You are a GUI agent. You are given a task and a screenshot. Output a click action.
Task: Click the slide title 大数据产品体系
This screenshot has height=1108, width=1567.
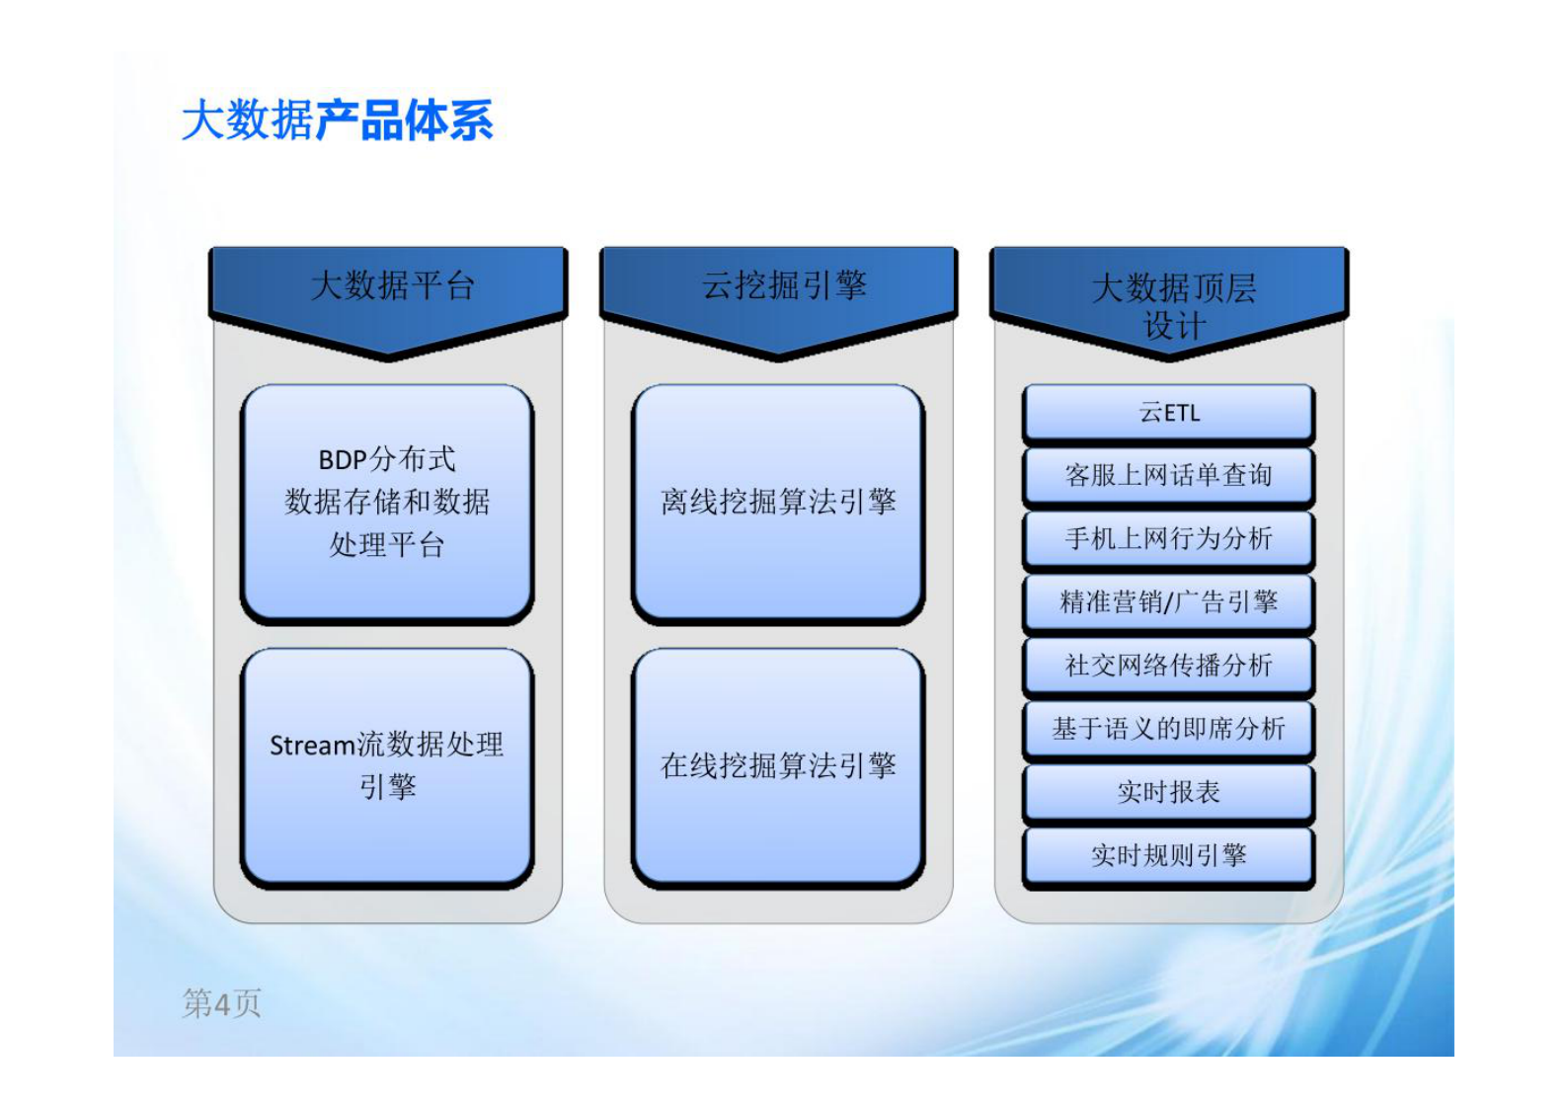click(338, 120)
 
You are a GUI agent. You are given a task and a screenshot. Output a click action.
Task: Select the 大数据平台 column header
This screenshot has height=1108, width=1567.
click(391, 287)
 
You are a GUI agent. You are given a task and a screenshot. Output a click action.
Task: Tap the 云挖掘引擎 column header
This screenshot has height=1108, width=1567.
click(782, 287)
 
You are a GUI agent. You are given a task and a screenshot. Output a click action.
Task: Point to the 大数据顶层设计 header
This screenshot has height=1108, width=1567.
click(1172, 305)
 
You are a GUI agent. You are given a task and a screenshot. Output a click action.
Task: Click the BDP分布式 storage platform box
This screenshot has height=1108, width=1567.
click(387, 502)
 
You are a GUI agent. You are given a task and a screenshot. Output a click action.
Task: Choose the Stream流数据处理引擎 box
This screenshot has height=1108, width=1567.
click(387, 765)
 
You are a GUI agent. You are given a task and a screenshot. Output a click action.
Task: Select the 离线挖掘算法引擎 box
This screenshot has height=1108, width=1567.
click(778, 502)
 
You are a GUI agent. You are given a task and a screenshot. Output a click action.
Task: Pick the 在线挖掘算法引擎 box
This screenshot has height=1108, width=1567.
click(778, 765)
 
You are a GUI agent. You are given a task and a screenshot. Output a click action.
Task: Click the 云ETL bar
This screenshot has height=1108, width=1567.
click(1168, 413)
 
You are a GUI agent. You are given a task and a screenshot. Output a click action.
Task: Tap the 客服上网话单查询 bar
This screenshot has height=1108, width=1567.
click(1168, 476)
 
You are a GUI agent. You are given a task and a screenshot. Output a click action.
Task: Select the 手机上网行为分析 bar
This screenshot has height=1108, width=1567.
click(1168, 539)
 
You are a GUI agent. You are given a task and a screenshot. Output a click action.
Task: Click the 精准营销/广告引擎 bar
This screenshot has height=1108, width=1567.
click(1168, 602)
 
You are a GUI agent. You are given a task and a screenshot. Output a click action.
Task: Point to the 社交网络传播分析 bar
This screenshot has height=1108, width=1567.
click(1168, 666)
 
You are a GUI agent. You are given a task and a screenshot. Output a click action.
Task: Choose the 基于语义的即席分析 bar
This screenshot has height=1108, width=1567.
click(1168, 729)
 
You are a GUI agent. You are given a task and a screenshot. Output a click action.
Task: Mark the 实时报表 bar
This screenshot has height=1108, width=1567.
click(1168, 792)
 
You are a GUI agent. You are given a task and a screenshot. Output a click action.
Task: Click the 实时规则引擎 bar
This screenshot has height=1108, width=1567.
click(1168, 855)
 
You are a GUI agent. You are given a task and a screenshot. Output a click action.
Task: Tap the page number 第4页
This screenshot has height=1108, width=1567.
click(221, 1003)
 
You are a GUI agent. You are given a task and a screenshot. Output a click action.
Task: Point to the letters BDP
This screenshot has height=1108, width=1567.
click(343, 460)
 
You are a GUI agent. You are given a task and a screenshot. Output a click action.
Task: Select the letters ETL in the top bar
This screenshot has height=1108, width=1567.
click(1182, 413)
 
